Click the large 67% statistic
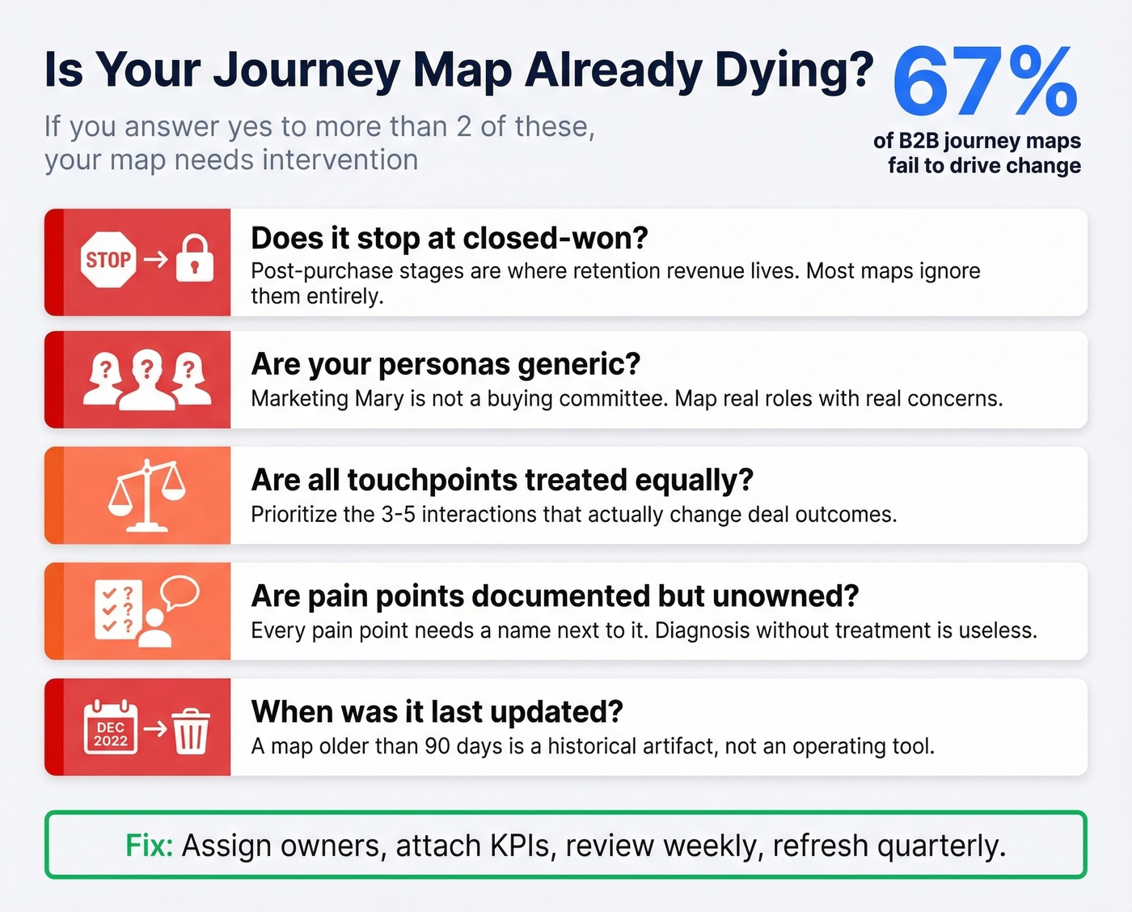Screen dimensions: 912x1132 click(x=985, y=82)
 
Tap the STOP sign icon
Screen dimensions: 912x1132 click(x=109, y=260)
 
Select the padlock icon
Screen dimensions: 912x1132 click(x=194, y=258)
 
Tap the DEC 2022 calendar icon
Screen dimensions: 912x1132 click(x=111, y=727)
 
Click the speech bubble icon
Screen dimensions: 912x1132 click(x=180, y=592)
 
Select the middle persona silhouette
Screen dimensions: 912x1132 click(x=146, y=380)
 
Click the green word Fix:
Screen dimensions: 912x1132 click(x=150, y=846)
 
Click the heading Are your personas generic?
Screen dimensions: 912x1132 click(x=446, y=364)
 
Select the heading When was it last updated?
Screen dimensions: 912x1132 click(x=437, y=711)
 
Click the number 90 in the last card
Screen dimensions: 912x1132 click(x=437, y=746)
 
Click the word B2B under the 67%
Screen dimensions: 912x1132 click(x=918, y=141)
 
